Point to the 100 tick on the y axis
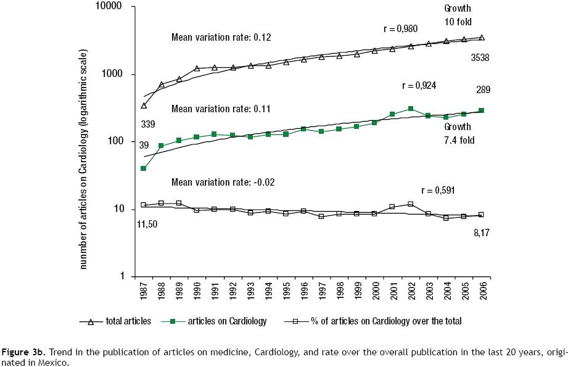pos(118,142)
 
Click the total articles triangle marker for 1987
pos(144,105)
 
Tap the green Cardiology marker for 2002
pos(410,109)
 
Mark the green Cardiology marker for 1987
pos(144,168)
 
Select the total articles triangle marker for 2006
pos(482,38)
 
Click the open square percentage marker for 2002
pos(410,204)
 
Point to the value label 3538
pos(481,57)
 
